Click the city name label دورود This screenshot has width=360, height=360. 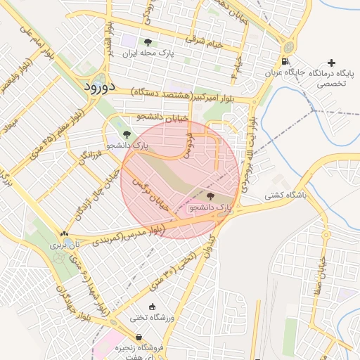click(x=98, y=87)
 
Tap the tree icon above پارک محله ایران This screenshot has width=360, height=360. click(x=147, y=42)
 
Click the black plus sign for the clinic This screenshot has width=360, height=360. click(x=332, y=63)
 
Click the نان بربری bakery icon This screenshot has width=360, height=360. click(x=65, y=235)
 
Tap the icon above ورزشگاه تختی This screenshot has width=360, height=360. click(x=153, y=307)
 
